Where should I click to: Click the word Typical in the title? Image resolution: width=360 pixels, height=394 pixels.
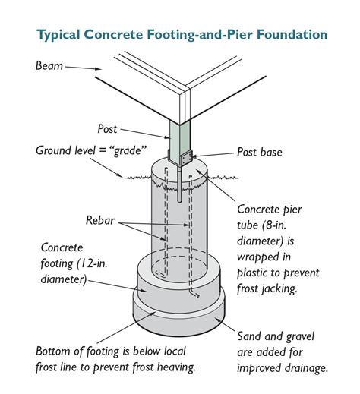click(63, 35)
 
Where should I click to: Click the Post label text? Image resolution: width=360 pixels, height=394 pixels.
click(109, 128)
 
